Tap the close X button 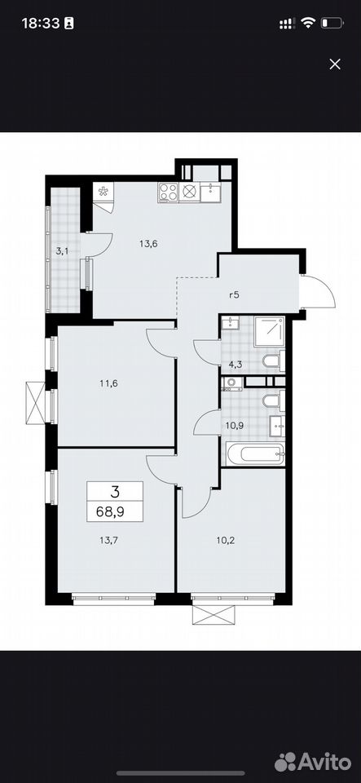tap(335, 64)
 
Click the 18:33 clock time tap(41, 23)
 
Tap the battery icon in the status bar tap(332, 23)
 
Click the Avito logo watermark tap(313, 762)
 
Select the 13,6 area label tap(148, 244)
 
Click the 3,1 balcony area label tap(62, 251)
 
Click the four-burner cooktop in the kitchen tap(169, 192)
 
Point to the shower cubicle tap(269, 332)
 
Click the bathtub tap(255, 454)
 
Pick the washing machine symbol tap(232, 383)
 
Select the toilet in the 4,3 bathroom tap(273, 361)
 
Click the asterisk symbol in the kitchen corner tap(103, 192)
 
